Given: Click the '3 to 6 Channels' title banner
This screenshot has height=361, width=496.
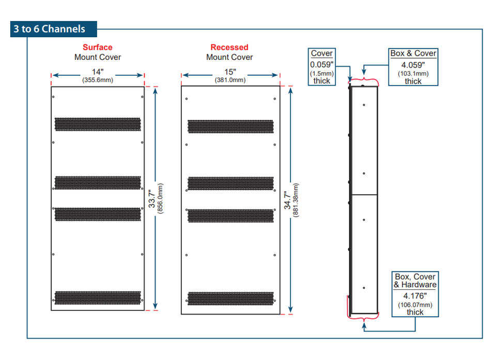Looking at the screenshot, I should click(x=49, y=29).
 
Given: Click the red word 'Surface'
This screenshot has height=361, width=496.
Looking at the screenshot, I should click(x=97, y=47).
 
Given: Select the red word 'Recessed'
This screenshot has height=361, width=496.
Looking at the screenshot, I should click(x=229, y=47).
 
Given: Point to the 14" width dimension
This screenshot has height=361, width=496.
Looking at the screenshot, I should click(x=98, y=72).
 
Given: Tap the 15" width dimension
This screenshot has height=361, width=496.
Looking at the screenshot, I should click(x=230, y=71).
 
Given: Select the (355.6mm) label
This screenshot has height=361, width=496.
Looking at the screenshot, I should click(x=98, y=80).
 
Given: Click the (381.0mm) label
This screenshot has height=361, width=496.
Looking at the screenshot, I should click(x=230, y=80).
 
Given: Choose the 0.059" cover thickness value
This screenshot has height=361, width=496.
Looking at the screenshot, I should click(x=321, y=65).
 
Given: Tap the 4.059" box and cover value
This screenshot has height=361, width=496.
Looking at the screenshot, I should click(x=413, y=65).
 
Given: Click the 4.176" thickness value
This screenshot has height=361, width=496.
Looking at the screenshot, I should click(x=415, y=296).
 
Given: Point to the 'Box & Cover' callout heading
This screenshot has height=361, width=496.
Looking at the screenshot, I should click(x=413, y=53).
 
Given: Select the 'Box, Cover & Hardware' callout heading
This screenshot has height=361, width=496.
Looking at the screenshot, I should click(x=415, y=281).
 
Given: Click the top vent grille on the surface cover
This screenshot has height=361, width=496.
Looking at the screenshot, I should click(x=98, y=124).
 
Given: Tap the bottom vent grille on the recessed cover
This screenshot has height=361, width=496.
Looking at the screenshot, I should click(x=230, y=298).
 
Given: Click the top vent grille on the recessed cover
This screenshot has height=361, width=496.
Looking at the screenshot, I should click(x=230, y=126).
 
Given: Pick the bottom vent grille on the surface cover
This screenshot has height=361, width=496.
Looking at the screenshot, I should click(x=98, y=297).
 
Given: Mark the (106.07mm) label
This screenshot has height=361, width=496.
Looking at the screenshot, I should click(x=415, y=304).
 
